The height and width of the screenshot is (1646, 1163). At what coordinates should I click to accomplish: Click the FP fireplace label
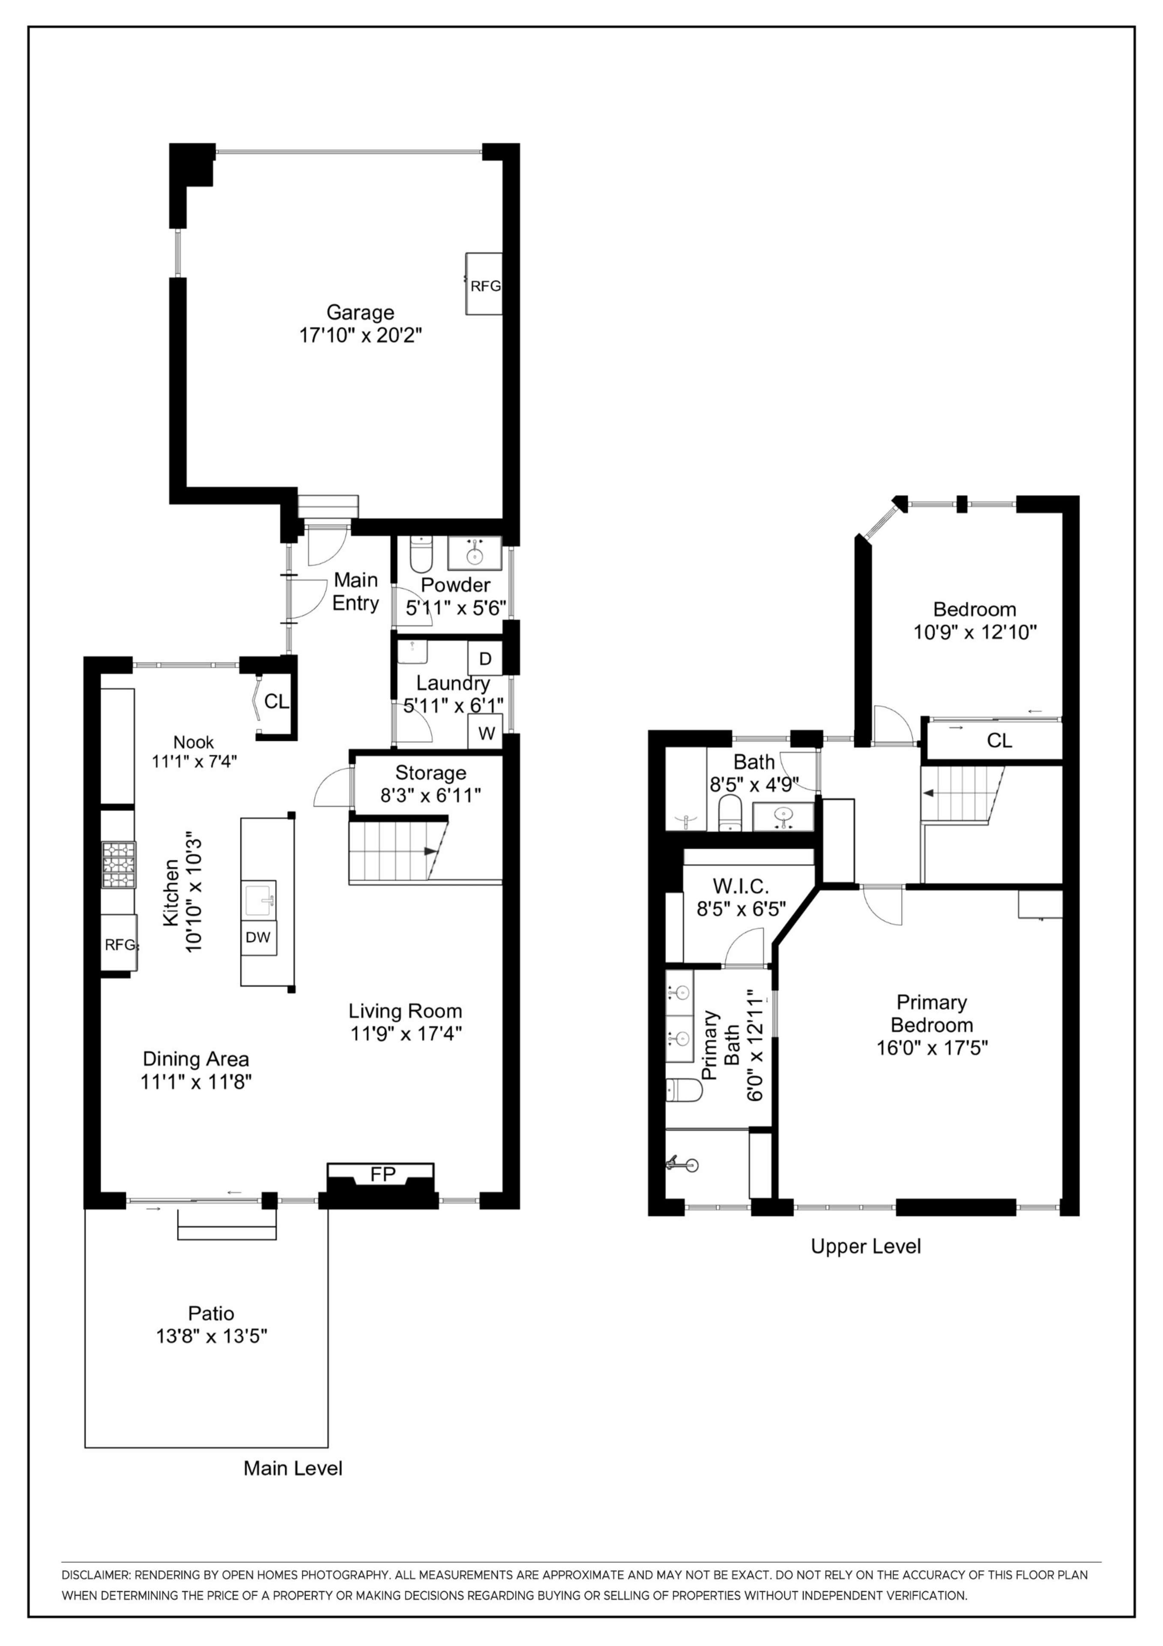383,1174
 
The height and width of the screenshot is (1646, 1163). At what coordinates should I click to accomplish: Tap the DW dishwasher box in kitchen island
257,937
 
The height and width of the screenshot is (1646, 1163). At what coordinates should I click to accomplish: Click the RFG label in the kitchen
119,945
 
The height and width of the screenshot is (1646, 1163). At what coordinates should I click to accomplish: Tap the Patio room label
211,1313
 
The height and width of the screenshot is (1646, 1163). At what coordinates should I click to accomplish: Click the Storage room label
430,773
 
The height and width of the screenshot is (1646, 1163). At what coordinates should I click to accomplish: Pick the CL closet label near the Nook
277,701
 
